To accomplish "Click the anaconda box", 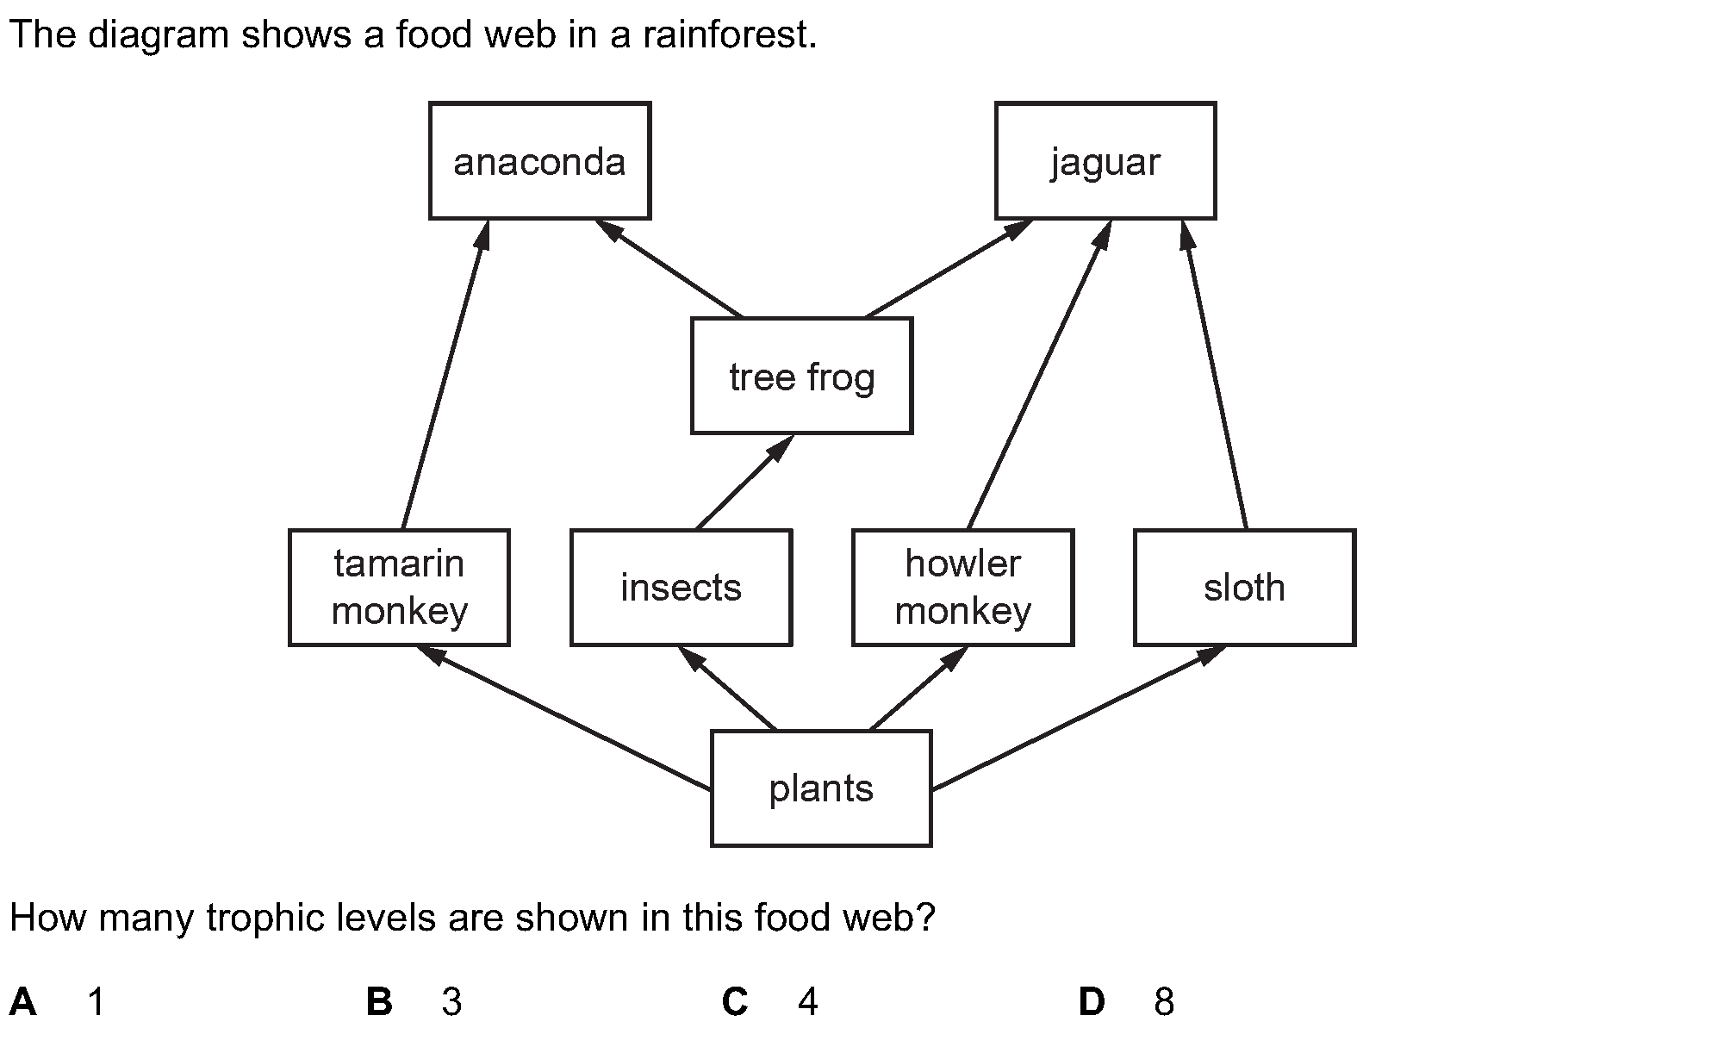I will point(539,161).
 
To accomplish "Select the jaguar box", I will point(1105,161).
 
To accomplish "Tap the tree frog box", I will point(801,376).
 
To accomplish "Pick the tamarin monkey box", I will point(399,588).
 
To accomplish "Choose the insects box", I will point(681,588).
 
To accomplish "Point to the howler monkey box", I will point(962,588).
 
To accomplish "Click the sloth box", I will point(1244,588).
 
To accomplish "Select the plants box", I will point(821,788).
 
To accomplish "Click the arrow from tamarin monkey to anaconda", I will point(445,375).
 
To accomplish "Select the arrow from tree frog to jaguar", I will point(948,268).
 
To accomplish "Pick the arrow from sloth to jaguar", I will point(1215,375).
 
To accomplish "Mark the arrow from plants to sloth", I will point(1077,718).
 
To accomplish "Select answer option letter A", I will point(23,1001).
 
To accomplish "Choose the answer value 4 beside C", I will point(807,1001).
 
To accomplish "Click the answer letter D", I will point(1092,1001).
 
